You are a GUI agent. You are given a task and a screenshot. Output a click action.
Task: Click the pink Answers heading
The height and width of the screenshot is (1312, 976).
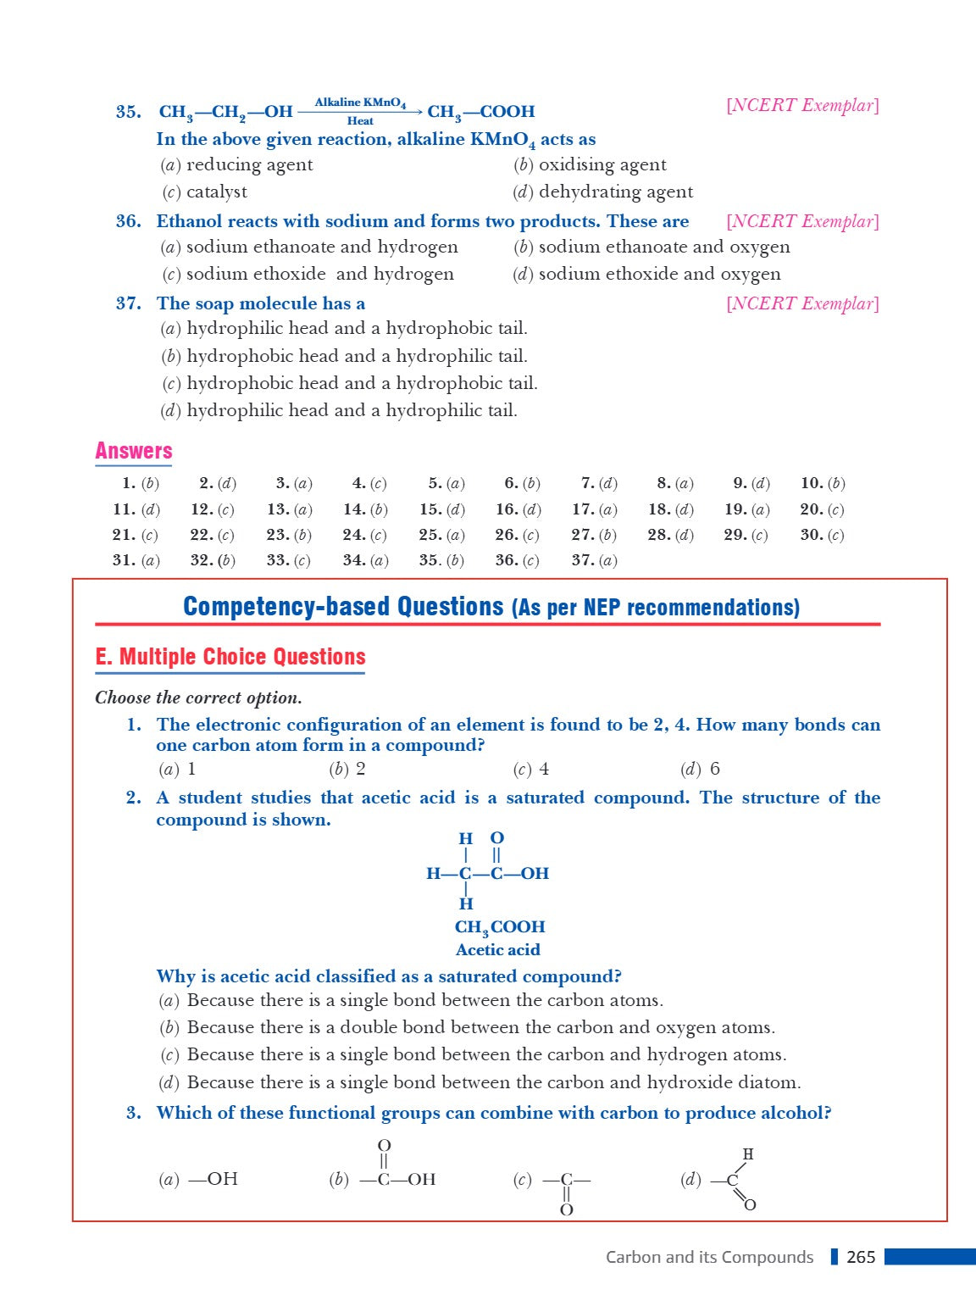click(133, 451)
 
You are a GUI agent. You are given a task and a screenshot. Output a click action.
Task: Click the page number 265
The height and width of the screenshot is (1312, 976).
click(861, 1257)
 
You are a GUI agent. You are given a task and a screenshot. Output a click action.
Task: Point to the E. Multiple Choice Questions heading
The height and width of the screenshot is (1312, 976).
click(230, 657)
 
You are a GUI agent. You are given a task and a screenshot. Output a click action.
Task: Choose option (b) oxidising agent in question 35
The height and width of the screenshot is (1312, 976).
click(590, 164)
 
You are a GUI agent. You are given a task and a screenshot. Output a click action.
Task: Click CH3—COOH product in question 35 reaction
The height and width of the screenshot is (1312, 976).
click(480, 112)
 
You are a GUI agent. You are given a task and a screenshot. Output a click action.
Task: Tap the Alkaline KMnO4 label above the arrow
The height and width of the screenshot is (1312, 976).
click(360, 103)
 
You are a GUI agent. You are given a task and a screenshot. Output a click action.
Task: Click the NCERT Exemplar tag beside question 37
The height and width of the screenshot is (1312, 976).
click(802, 303)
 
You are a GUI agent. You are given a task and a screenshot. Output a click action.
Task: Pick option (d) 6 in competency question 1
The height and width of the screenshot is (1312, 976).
click(700, 769)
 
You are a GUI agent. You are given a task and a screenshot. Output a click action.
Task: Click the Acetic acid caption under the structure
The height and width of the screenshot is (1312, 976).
click(497, 950)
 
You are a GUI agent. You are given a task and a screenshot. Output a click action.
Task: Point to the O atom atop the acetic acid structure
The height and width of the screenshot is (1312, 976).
click(497, 838)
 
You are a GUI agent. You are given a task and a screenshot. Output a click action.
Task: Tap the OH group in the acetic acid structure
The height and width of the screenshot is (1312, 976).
click(535, 874)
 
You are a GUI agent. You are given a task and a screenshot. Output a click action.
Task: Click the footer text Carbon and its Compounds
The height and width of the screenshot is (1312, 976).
click(709, 1257)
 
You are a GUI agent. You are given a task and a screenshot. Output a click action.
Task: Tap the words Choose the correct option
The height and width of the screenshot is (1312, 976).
click(198, 698)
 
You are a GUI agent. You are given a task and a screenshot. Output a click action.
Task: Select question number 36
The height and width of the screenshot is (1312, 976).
click(129, 221)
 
